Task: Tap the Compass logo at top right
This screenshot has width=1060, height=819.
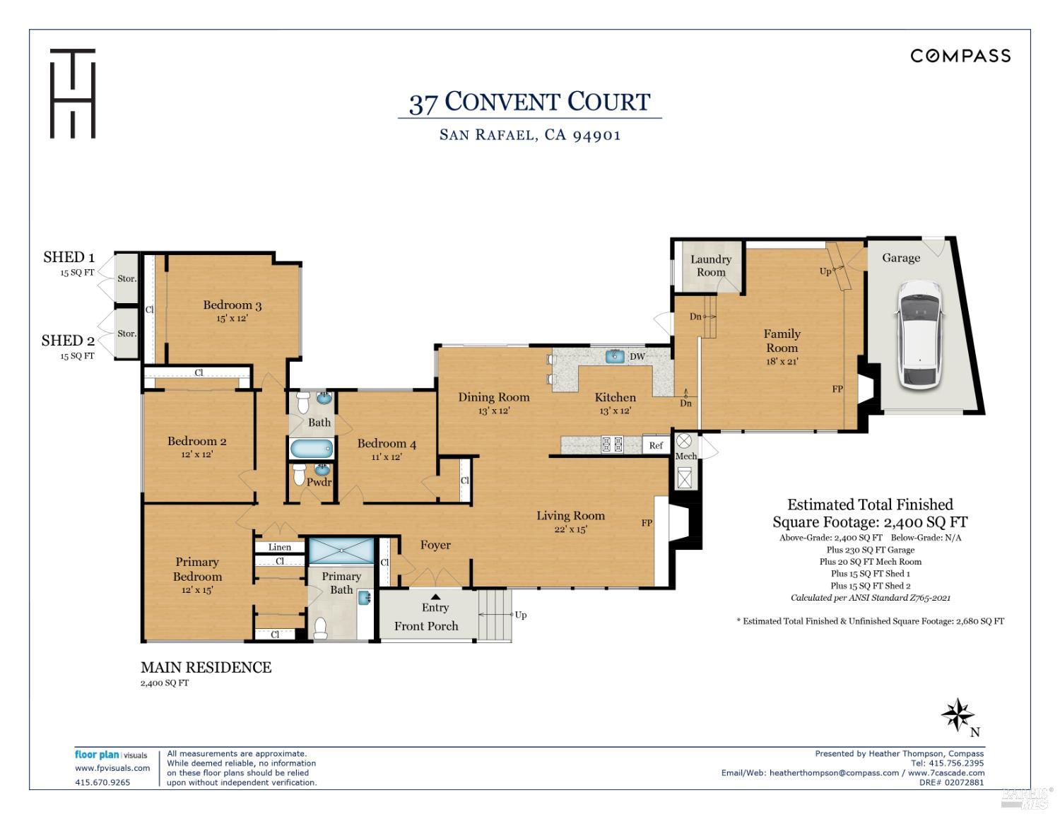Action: tap(960, 56)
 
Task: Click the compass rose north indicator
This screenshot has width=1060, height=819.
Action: tap(958, 715)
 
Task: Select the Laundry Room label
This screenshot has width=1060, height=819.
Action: tap(710, 266)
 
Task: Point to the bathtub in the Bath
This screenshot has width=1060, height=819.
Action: tap(311, 449)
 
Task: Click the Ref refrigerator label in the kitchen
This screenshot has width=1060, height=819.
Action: tap(656, 445)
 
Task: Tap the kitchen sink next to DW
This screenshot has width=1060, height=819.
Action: tap(615, 357)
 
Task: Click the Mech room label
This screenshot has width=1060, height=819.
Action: tap(685, 456)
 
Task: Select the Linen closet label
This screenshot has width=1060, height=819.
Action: tap(280, 547)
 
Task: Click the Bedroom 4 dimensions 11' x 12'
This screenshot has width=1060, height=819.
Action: tap(387, 457)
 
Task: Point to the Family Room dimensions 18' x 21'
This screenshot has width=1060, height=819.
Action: tap(782, 362)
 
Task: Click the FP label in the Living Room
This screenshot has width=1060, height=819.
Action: tap(647, 523)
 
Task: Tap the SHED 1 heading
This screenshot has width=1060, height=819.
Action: tap(69, 257)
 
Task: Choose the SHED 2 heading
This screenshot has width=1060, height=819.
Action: tap(68, 341)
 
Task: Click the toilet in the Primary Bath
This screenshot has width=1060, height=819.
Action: tap(320, 627)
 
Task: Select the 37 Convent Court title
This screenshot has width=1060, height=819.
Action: tap(529, 102)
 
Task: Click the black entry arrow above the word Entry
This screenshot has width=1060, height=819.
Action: tap(435, 597)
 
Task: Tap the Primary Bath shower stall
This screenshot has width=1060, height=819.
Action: tap(341, 550)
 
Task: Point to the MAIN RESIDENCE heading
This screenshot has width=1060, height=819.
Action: tap(206, 667)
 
